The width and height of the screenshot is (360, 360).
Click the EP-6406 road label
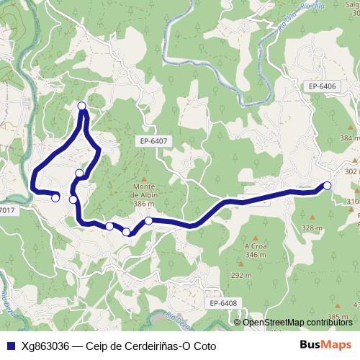[323, 86]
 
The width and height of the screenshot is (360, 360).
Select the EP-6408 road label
[223, 304]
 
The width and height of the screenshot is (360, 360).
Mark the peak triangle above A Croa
[256, 236]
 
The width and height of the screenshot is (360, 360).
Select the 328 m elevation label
[312, 228]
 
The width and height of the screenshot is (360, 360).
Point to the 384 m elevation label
[349, 138]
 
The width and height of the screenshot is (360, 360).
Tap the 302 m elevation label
[351, 171]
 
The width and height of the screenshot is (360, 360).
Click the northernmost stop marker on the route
[81, 107]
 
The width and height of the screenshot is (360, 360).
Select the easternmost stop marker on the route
[328, 186]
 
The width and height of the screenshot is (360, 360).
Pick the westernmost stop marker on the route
[55, 197]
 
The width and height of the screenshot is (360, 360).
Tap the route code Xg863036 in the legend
[45, 345]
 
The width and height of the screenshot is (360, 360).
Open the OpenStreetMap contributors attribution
[297, 322]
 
